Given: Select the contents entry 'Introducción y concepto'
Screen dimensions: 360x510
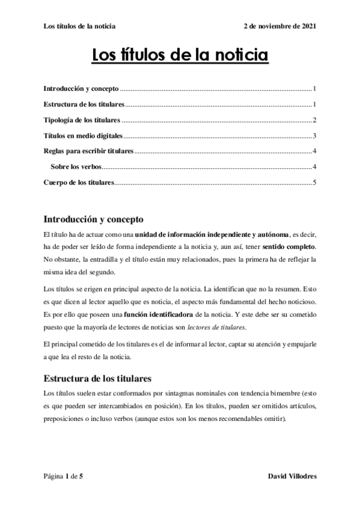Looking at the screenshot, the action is (81, 88).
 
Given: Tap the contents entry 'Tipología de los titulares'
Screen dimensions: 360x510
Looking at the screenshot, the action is (82, 120).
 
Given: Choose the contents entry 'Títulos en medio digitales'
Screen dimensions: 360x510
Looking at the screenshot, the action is (84, 135).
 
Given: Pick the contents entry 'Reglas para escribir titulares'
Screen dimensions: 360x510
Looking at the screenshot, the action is (88, 151).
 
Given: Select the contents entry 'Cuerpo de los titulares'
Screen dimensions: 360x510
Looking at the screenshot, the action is (79, 182).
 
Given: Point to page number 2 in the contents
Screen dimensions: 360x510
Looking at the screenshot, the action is (314, 120).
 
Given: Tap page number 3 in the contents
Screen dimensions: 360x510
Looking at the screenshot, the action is (314, 135).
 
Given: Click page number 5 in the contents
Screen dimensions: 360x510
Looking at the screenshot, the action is (314, 182).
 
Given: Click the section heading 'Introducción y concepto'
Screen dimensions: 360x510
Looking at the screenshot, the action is (94, 218).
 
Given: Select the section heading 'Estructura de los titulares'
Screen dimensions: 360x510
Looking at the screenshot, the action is (97, 379).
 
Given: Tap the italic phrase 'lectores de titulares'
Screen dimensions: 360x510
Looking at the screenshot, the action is (216, 328).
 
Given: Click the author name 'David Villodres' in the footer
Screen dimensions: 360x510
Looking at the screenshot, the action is (291, 476).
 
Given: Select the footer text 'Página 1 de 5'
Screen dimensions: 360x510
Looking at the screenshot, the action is (63, 476).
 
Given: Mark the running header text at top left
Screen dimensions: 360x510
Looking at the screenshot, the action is (80, 26).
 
